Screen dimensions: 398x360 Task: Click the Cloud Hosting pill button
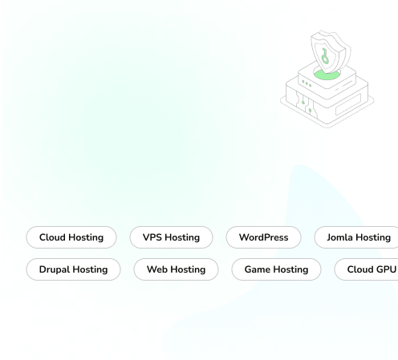point(71,237)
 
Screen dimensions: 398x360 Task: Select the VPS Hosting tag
point(171,237)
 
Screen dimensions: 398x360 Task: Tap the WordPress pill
point(263,237)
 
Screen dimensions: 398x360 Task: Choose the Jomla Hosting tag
point(356,237)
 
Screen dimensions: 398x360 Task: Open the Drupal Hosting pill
point(73,269)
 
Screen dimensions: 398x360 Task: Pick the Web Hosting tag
point(176,269)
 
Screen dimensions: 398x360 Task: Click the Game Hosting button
point(276,269)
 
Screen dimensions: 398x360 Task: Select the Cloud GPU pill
point(366,269)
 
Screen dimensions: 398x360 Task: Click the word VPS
point(152,237)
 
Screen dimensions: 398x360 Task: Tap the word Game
point(256,269)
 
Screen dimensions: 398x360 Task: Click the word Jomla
point(339,237)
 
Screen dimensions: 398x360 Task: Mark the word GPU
point(386,269)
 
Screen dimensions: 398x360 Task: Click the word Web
point(157,269)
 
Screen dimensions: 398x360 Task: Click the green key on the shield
point(325,56)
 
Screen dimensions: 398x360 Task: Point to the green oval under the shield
point(327,75)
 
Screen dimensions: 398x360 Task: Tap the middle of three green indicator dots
point(307,83)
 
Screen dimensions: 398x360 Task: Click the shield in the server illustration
point(331,51)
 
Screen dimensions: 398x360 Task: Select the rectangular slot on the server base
point(348,104)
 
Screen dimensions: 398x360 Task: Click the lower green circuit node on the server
point(310,110)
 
